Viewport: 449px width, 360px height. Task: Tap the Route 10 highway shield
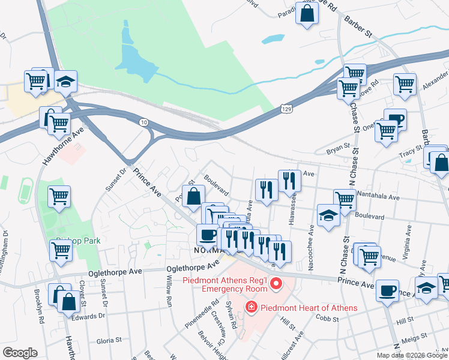pos(143,122)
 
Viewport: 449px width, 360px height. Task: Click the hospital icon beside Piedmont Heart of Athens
pos(250,308)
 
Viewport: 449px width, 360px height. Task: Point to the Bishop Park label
pos(77,241)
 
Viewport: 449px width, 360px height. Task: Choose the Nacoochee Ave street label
pos(312,248)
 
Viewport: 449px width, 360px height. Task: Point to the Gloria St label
pos(109,341)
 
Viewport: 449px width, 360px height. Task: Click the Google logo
pos(20,353)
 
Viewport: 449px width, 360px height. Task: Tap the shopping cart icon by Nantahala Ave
pos(345,200)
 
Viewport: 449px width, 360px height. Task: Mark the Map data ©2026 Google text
pos(411,355)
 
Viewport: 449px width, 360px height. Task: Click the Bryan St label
pos(337,146)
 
